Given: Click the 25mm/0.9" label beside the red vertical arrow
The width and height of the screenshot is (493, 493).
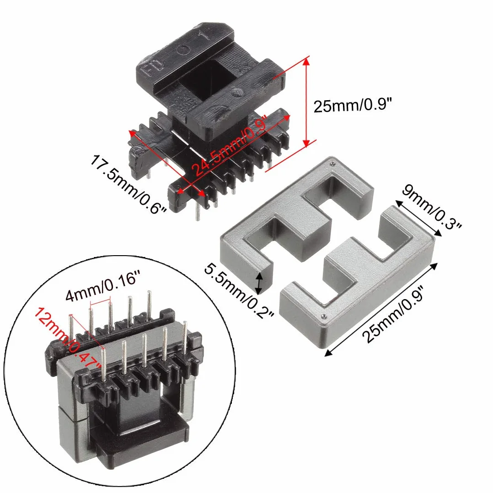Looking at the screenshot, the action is [x=353, y=105].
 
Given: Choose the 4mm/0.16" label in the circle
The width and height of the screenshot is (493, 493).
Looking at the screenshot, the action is [x=102, y=286].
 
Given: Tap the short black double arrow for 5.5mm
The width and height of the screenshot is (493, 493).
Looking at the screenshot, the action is [x=259, y=283].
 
